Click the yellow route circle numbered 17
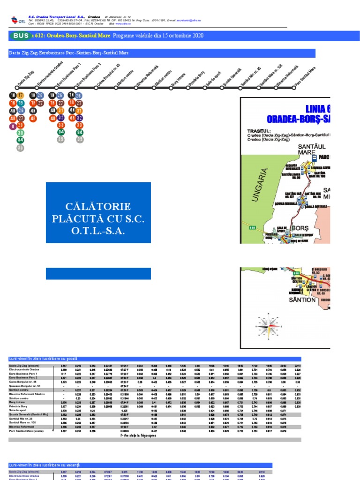[x=21, y=96]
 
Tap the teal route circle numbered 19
[x=21, y=103]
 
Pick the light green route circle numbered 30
[x=21, y=133]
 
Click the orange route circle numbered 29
[x=21, y=126]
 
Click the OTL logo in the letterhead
[x=18, y=20]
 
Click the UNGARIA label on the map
[x=263, y=185]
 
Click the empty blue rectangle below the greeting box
[x=98, y=273]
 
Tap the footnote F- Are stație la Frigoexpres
[x=139, y=435]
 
